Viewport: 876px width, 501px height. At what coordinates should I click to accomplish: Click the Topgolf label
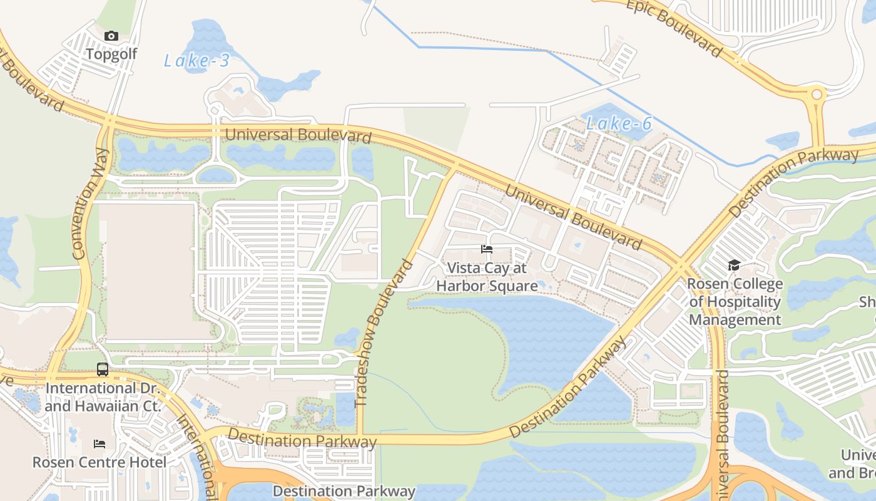(111, 54)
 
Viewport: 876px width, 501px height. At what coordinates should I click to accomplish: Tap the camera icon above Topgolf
(111, 36)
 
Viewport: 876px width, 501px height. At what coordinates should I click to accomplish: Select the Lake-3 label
(196, 61)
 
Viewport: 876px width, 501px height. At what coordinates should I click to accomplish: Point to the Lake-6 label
(619, 124)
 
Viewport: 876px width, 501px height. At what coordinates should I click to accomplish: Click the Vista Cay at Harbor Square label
(487, 277)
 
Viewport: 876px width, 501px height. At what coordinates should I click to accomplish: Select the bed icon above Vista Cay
(487, 249)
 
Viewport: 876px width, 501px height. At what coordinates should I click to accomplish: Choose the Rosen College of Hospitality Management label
(735, 302)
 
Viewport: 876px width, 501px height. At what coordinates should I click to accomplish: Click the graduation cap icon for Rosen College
(734, 266)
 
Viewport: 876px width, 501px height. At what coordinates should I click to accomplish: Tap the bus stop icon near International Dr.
(103, 369)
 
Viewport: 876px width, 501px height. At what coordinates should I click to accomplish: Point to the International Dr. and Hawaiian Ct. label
(103, 397)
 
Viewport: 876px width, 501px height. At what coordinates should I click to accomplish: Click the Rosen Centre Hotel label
(99, 463)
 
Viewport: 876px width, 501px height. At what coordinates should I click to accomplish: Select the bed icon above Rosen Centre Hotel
(99, 444)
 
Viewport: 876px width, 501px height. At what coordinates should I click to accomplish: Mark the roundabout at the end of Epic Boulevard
(816, 96)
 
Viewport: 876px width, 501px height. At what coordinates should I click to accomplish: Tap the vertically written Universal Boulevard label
(722, 432)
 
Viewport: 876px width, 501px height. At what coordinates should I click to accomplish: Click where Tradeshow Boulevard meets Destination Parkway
(360, 435)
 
